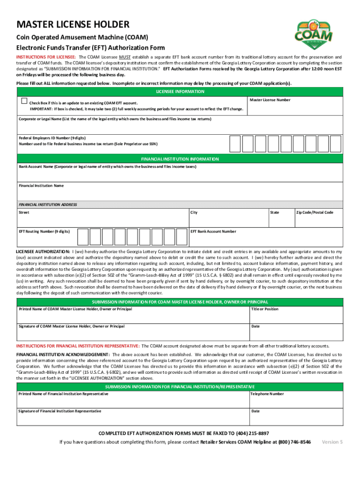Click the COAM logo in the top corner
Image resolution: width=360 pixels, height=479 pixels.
click(x=314, y=33)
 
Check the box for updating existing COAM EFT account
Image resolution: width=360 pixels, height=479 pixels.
click(x=24, y=101)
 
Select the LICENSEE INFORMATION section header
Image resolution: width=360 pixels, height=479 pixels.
click(x=180, y=92)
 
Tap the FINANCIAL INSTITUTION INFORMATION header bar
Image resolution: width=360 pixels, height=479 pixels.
click(x=180, y=159)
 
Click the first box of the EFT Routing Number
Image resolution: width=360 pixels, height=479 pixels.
click(x=83, y=237)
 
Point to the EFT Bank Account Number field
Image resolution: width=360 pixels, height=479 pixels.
click(x=265, y=238)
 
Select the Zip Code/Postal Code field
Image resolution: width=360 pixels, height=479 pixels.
click(x=318, y=219)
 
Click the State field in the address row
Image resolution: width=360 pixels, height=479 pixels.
click(x=280, y=219)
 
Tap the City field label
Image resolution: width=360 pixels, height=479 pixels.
click(x=194, y=213)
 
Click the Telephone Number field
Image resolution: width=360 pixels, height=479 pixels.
click(x=295, y=399)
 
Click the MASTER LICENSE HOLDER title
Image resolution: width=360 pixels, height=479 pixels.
click(x=73, y=25)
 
